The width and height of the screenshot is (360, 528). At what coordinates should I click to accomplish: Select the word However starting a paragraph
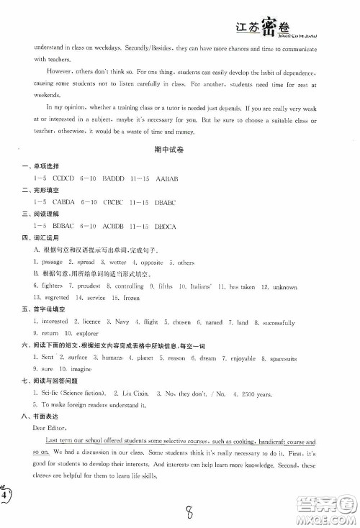click(x=48, y=71)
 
